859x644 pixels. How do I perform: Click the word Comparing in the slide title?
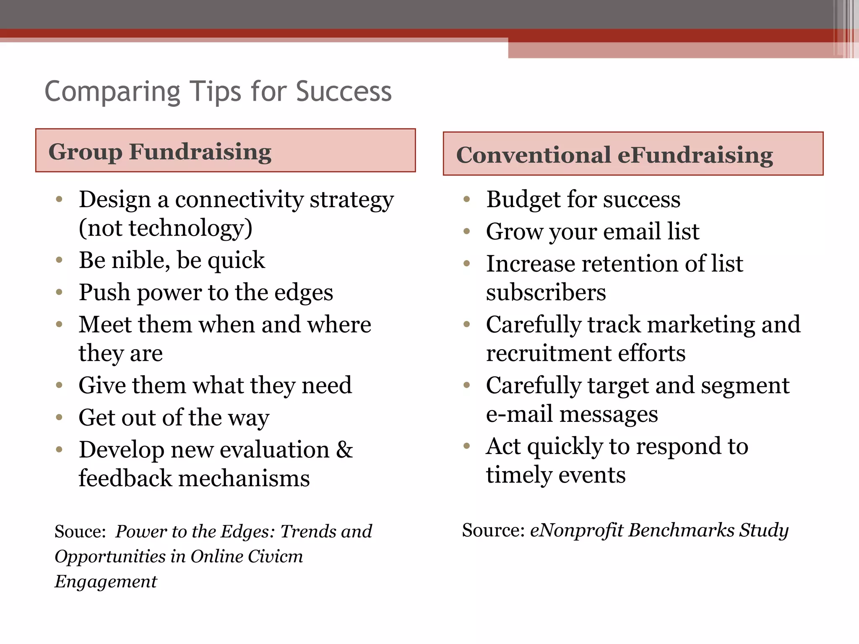coord(112,92)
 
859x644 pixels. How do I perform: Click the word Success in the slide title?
coord(344,91)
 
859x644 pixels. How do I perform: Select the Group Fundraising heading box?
coord(226,151)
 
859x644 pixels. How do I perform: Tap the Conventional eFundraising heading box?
coord(633,154)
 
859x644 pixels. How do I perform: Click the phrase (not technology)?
coord(166,229)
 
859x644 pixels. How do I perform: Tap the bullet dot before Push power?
coord(59,292)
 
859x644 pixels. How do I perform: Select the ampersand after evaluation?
coord(344,449)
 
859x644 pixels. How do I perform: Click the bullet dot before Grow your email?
coord(467,231)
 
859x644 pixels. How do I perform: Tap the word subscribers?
coord(546,292)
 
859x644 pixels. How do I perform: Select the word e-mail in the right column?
coord(519,414)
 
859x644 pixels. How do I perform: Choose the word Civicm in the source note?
coord(276,557)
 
